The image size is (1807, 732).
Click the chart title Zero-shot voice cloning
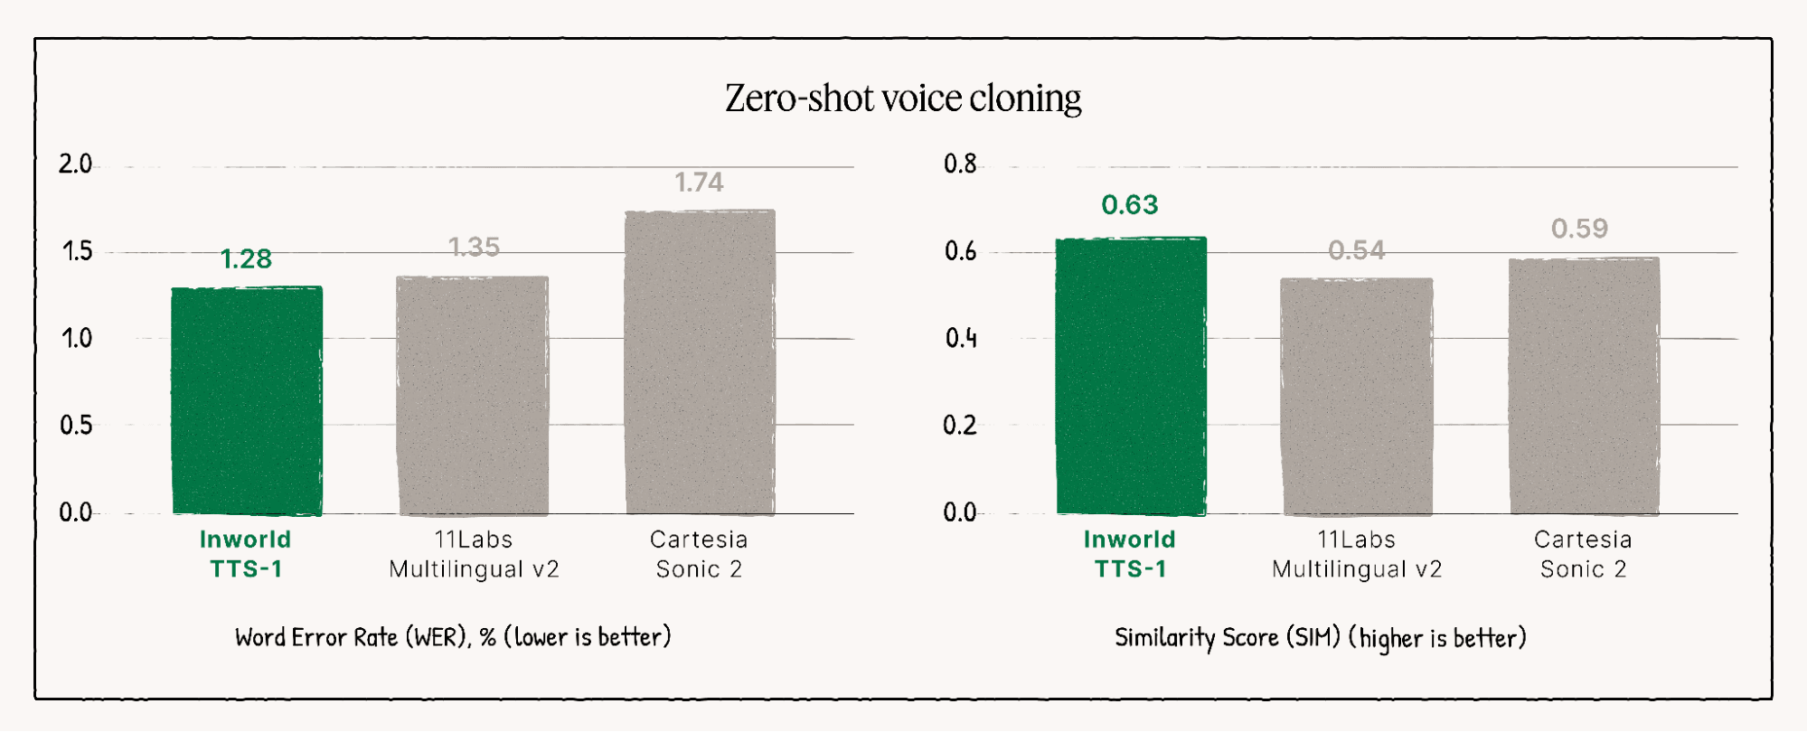(x=903, y=98)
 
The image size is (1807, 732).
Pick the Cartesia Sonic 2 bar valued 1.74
(x=700, y=361)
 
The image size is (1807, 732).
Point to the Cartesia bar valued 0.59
(x=1584, y=386)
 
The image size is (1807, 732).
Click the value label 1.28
(x=246, y=259)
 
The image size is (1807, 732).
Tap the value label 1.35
(x=474, y=247)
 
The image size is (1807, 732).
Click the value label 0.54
(x=1356, y=250)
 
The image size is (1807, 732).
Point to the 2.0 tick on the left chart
(x=75, y=164)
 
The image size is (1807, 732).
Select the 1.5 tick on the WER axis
(x=77, y=251)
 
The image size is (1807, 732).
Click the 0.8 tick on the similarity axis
(x=960, y=164)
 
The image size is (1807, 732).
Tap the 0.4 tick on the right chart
(x=961, y=338)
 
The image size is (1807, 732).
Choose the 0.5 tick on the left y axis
(x=76, y=425)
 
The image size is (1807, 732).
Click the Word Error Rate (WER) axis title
(x=453, y=637)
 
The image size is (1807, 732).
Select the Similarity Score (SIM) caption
(x=1320, y=638)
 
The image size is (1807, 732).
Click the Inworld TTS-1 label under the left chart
(x=246, y=554)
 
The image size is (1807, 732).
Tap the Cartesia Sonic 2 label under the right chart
(x=1583, y=554)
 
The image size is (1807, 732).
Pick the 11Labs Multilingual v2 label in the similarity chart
(x=1356, y=554)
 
